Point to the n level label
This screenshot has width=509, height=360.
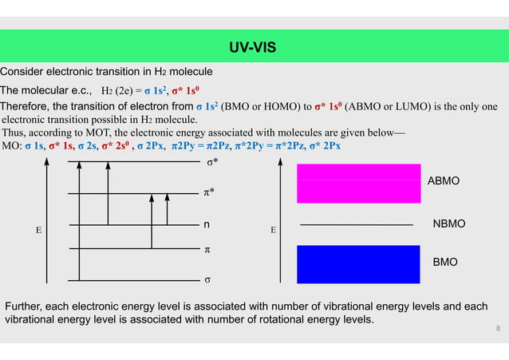207,225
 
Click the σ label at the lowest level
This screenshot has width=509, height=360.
207,280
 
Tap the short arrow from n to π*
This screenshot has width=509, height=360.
167,209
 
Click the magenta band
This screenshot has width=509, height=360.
358,183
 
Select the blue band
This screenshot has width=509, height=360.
358,264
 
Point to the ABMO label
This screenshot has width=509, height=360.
444,182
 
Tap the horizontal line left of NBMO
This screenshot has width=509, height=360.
356,226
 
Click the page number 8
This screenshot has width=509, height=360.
498,328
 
